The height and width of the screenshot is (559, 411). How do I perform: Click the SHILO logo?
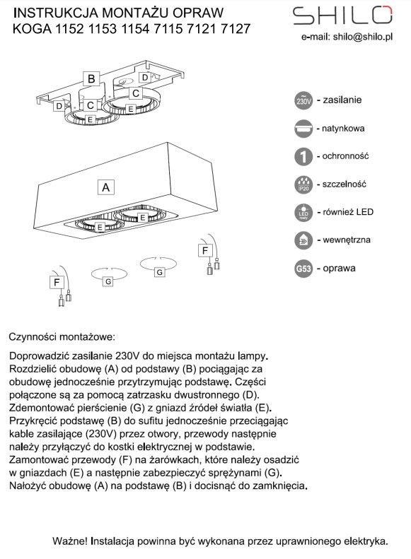click(x=342, y=16)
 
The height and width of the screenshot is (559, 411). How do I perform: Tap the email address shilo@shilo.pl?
click(x=363, y=37)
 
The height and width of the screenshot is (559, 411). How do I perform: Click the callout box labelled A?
click(x=106, y=187)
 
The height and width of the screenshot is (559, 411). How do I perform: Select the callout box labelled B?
click(x=91, y=78)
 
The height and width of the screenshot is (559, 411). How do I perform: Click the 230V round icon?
click(x=303, y=100)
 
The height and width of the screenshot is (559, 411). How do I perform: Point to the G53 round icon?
click(x=303, y=269)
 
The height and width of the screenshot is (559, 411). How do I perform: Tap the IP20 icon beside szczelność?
click(x=303, y=184)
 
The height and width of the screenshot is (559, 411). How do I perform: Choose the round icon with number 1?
click(x=303, y=156)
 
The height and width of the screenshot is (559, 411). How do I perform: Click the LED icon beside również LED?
click(x=303, y=213)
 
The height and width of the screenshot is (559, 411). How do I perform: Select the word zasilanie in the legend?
click(x=342, y=100)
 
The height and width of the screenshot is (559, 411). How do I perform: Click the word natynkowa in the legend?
click(x=343, y=129)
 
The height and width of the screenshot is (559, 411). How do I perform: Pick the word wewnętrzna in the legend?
click(x=347, y=240)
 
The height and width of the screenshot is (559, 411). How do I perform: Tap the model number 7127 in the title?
click(x=236, y=28)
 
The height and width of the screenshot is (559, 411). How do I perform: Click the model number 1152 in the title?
click(x=69, y=28)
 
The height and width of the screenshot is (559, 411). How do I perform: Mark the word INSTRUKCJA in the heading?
click(x=56, y=13)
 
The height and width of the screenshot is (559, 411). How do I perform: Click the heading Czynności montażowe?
click(x=62, y=337)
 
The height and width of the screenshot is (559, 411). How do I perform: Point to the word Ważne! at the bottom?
click(x=70, y=541)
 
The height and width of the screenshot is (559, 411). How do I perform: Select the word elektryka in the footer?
click(x=364, y=541)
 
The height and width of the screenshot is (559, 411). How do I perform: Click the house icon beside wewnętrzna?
click(x=303, y=241)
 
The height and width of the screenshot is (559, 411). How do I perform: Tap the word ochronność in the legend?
click(x=345, y=156)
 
